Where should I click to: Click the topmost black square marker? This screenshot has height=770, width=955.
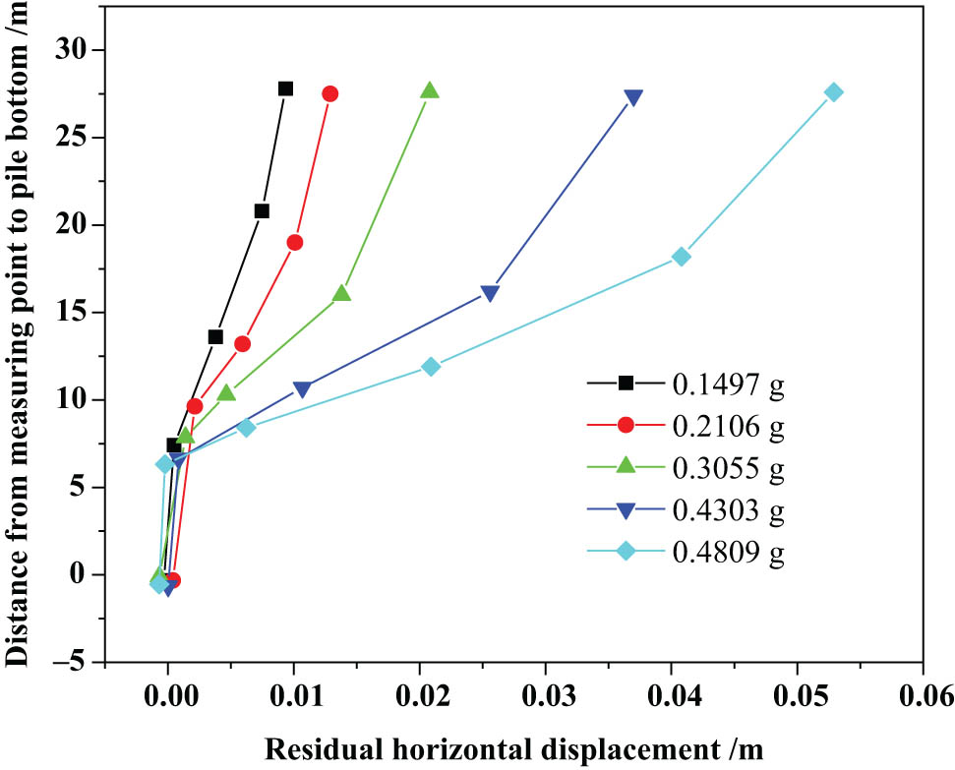pyautogui.click(x=285, y=89)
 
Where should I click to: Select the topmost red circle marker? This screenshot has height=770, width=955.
pyautogui.click(x=330, y=93)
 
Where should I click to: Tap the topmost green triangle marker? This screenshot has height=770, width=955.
pyautogui.click(x=430, y=90)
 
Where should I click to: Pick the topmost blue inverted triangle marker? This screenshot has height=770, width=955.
pyautogui.click(x=633, y=97)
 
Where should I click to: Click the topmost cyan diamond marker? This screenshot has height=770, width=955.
pyautogui.click(x=834, y=92)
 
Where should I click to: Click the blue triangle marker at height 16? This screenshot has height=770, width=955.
pyautogui.click(x=490, y=293)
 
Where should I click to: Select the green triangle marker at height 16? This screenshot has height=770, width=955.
pyautogui.click(x=341, y=293)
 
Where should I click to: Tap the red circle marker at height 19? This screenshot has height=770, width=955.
pyautogui.click(x=295, y=242)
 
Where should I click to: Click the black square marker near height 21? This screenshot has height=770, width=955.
pyautogui.click(x=262, y=210)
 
